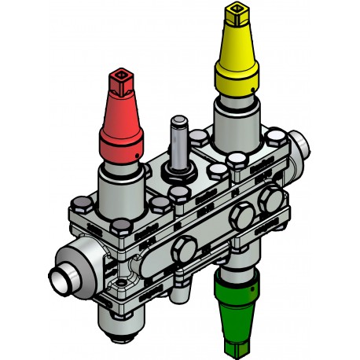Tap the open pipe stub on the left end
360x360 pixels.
point(61,280)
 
